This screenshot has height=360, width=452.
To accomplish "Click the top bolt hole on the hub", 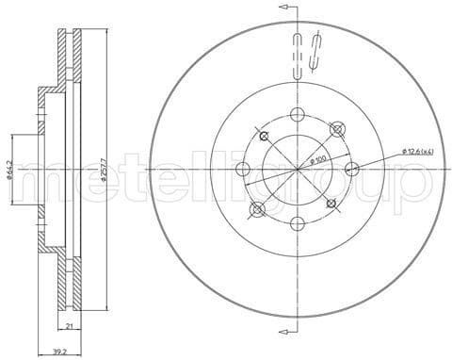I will point(297,115).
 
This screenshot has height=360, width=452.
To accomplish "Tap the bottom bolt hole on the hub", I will point(297,223).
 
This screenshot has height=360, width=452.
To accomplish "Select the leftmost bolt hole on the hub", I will point(242,170).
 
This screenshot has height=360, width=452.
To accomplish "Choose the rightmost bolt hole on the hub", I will point(351,170).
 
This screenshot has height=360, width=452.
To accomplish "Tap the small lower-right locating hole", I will point(330,202).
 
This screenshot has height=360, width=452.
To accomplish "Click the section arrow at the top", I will point(284,8).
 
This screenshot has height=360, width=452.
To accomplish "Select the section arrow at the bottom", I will point(284,332).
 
